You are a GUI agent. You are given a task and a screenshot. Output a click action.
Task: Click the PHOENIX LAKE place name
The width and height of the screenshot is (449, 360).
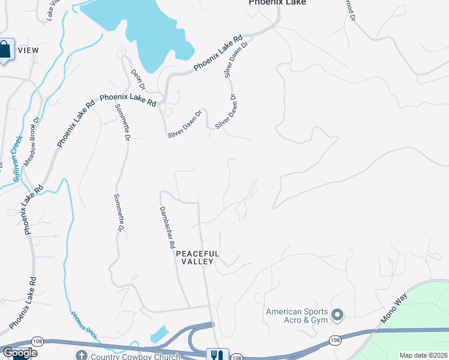[x=277, y=2]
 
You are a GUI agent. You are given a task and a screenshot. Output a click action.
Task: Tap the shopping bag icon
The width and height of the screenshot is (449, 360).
[x=5, y=50]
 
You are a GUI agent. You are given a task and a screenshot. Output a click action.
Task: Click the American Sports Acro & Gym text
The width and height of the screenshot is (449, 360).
[x=297, y=316]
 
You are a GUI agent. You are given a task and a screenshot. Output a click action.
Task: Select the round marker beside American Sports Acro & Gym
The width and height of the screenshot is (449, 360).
[x=337, y=314]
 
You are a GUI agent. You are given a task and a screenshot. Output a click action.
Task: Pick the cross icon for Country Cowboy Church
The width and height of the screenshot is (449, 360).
[x=81, y=355]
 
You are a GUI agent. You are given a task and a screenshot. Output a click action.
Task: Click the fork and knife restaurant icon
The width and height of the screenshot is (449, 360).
[x=214, y=355]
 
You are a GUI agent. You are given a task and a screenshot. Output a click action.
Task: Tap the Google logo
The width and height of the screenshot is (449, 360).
[x=20, y=353]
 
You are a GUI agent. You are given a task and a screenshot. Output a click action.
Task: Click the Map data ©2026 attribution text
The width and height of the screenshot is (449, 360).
[x=423, y=355]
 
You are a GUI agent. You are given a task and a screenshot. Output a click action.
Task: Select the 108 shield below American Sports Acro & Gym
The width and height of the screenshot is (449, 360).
[x=334, y=340]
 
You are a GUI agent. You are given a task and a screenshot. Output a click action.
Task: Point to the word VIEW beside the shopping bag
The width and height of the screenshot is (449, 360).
[x=28, y=50]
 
